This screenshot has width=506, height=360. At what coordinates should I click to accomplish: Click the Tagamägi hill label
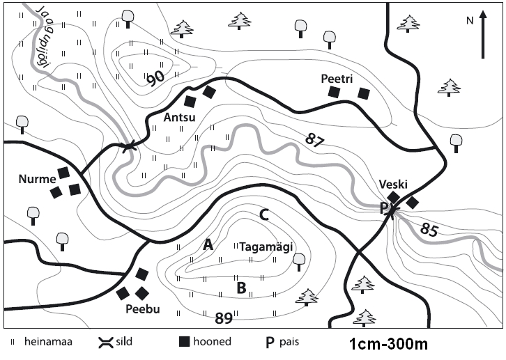[265, 246]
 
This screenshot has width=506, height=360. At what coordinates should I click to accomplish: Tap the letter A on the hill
[207, 244]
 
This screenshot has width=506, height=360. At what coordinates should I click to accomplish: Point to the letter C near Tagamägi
[264, 215]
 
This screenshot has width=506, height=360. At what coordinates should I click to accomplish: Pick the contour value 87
[315, 139]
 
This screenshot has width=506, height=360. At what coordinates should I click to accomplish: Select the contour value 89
[223, 319]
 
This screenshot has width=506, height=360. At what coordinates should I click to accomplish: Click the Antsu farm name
[178, 117]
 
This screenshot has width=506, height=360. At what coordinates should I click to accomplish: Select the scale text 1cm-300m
[387, 344]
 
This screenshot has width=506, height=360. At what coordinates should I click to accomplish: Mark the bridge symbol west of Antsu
[128, 147]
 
